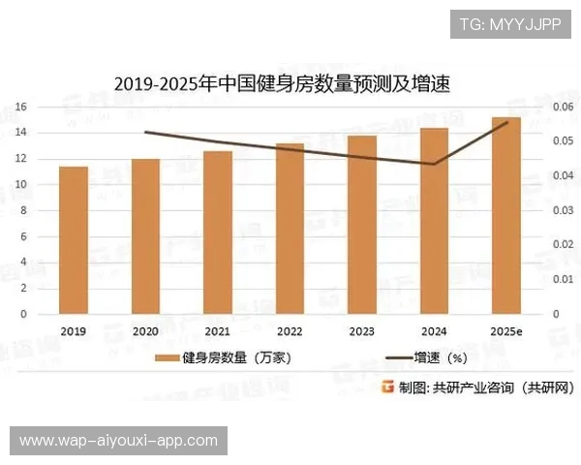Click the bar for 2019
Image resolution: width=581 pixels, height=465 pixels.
(73, 240)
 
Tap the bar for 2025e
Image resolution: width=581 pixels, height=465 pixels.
(506, 215)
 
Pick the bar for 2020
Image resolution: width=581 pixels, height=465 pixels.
(145, 236)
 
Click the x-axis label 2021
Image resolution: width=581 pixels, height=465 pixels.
(217, 331)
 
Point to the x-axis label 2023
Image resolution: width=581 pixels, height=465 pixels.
(361, 331)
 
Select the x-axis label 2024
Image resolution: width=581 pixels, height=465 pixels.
(434, 331)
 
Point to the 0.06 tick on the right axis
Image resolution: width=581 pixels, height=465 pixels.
(562, 106)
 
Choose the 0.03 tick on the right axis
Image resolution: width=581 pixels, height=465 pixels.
(562, 210)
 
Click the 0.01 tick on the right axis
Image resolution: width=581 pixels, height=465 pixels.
(562, 279)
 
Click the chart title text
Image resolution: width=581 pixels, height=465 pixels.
(282, 84)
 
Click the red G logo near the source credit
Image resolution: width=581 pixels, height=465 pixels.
(387, 387)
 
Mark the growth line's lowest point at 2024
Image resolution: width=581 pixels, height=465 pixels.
(434, 164)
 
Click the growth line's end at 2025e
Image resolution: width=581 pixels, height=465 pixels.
(506, 123)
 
